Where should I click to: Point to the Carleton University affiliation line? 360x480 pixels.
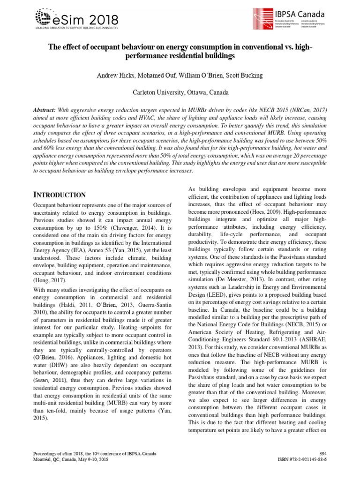(180, 92)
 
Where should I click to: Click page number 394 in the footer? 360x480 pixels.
(322, 454)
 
